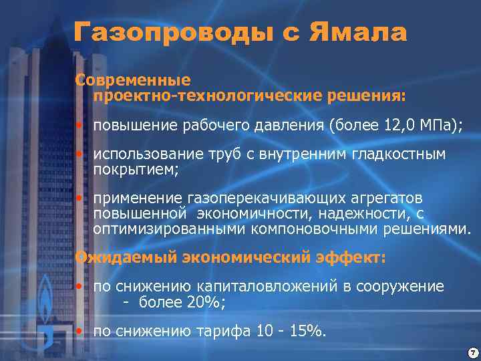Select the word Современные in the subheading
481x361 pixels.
pyautogui.click(x=133, y=80)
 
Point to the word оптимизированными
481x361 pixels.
pyautogui.click(x=170, y=229)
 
